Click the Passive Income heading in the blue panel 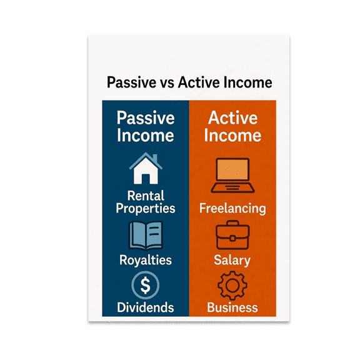click(x=145, y=127)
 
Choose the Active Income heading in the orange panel click(x=232, y=127)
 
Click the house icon click(x=145, y=171)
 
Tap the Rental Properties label click(x=145, y=202)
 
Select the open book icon click(x=145, y=236)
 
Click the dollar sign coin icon click(x=145, y=286)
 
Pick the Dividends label click(x=145, y=307)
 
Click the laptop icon click(x=232, y=176)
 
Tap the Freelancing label click(x=232, y=208)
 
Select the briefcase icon click(x=232, y=237)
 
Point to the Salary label click(x=232, y=260)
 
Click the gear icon click(x=232, y=286)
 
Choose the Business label click(x=232, y=307)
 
